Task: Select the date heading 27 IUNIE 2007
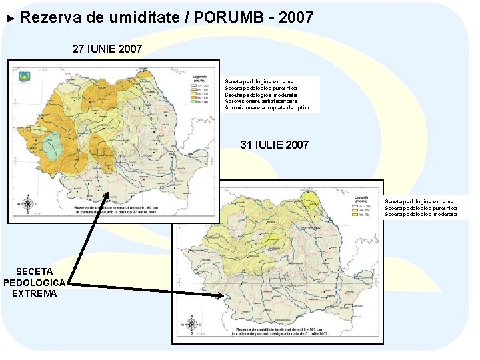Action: click(107, 49)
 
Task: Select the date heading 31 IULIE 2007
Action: click(274, 145)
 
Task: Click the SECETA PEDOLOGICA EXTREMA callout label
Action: click(35, 282)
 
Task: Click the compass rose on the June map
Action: click(27, 203)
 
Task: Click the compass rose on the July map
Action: click(192, 325)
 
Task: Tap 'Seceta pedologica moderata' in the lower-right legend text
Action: click(420, 214)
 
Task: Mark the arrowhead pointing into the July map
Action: click(220, 295)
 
